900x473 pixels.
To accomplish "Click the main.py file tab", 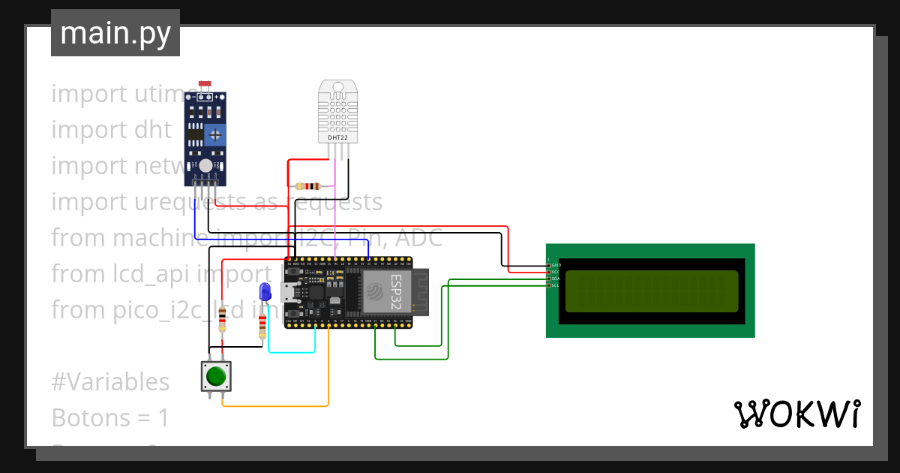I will (115, 33).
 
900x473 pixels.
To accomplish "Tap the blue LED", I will (264, 292).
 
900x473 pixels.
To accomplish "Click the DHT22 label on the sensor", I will (337, 137).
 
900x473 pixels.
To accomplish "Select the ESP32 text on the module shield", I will (396, 291).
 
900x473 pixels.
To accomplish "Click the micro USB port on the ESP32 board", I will (288, 293).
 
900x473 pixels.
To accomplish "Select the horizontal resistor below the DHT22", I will (309, 185).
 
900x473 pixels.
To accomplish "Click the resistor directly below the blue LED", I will (262, 327).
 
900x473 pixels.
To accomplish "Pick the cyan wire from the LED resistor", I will (292, 351).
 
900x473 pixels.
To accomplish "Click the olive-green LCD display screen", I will (651, 291).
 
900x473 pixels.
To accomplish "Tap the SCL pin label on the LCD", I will (555, 285).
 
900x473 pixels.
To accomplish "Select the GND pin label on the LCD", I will (556, 265).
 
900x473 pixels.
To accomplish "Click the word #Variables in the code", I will (110, 381).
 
